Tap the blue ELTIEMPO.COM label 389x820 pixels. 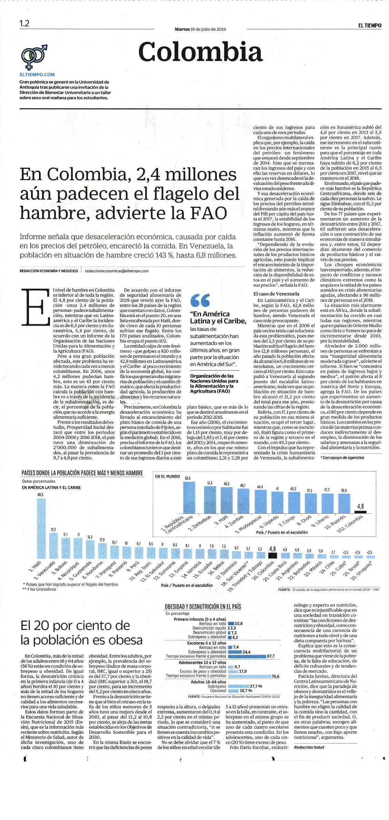click(37, 74)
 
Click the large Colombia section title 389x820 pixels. click(200, 52)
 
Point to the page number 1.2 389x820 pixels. click(24, 23)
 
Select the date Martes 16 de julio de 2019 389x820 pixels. click(200, 29)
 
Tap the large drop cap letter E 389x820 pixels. click(33, 306)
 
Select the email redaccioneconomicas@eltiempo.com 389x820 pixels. click(117, 271)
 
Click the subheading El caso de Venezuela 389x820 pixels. click(276, 294)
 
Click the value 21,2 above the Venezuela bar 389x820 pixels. click(53, 529)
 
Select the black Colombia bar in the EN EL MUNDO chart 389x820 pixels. click(360, 512)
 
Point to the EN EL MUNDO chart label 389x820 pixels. click(168, 476)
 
